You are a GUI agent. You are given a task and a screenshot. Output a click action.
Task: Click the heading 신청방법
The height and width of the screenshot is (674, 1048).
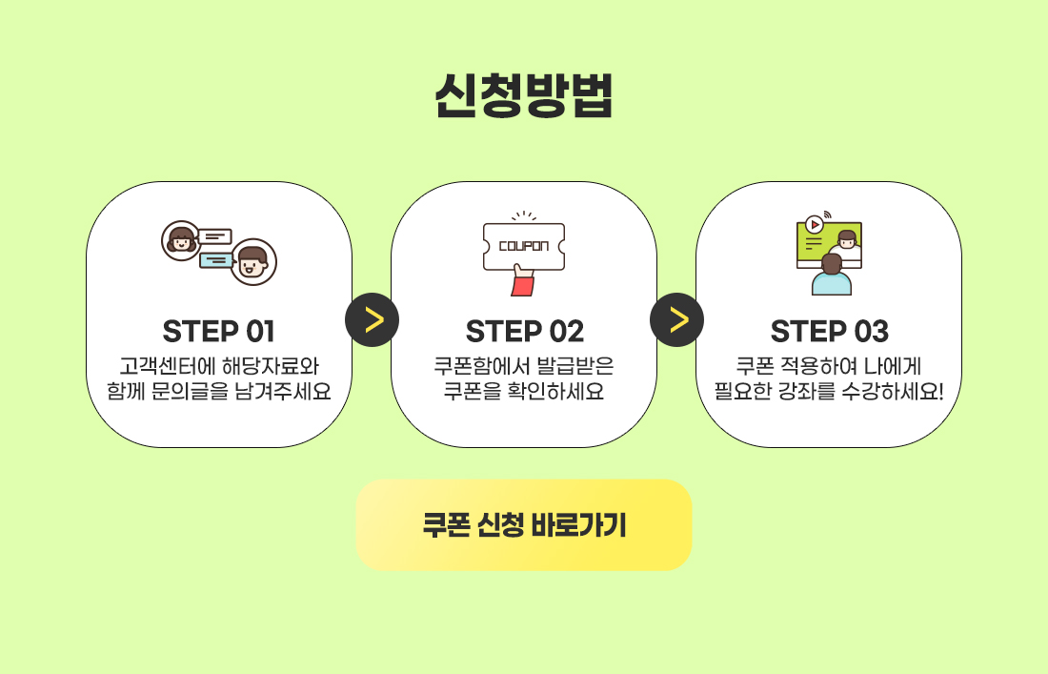click(x=523, y=95)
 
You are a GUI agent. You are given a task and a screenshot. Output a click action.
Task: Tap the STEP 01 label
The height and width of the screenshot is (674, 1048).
click(x=218, y=332)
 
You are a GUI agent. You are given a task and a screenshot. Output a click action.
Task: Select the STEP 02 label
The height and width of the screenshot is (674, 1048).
click(x=524, y=332)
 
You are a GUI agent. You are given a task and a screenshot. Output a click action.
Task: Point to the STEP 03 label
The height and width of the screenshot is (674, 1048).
click(x=829, y=332)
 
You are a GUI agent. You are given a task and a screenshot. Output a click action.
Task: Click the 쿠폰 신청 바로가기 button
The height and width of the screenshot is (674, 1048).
click(x=524, y=525)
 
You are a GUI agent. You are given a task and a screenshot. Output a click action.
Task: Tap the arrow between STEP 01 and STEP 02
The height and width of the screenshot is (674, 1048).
click(x=373, y=319)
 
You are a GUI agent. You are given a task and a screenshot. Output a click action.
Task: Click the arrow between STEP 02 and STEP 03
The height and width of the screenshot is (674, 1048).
click(x=677, y=319)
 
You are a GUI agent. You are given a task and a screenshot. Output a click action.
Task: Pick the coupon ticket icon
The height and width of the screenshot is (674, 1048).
click(x=524, y=246)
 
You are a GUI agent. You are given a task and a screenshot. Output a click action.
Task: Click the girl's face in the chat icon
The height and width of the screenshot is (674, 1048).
click(x=181, y=240)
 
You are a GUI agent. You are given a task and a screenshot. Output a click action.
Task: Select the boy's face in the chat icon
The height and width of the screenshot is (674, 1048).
click(x=253, y=261)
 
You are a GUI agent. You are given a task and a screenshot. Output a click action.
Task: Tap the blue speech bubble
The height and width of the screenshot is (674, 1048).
click(x=216, y=260)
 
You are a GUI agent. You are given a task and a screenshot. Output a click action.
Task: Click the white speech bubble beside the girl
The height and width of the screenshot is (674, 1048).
click(x=214, y=236)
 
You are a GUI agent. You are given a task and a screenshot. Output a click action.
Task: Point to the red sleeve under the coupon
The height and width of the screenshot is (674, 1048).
click(x=523, y=285)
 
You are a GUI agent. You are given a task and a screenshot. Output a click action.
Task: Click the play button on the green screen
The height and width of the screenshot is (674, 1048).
click(x=814, y=225)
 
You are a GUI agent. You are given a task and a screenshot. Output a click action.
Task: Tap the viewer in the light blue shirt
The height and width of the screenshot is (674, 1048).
click(x=832, y=275)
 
